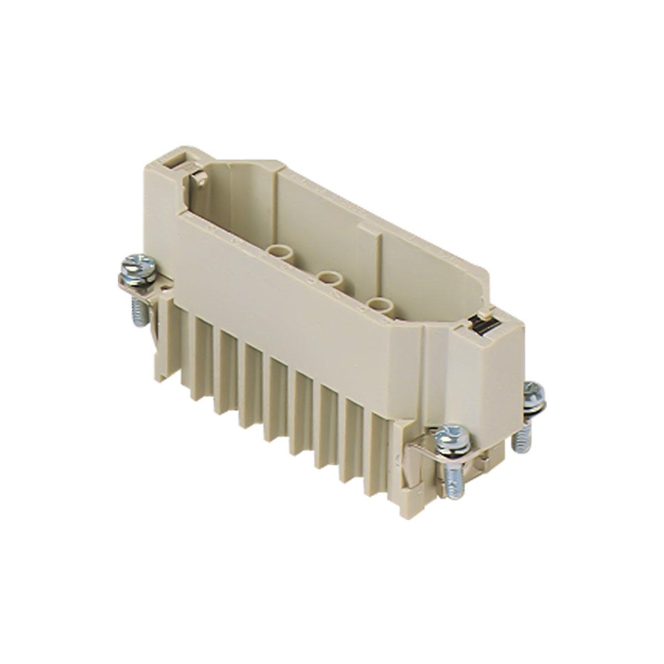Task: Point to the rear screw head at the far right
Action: [534, 392]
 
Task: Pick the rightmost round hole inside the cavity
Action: [379, 304]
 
